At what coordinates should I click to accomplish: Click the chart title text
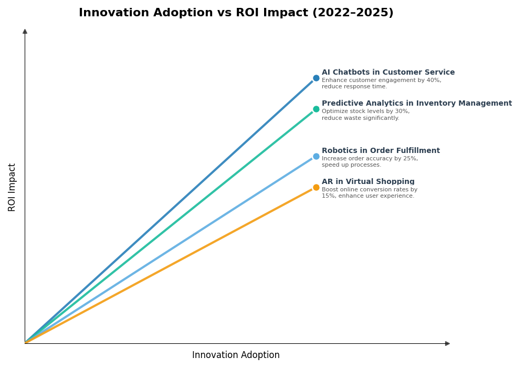tap(236, 13)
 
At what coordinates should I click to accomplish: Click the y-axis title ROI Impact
tap(12, 187)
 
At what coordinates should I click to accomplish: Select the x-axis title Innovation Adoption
tap(236, 355)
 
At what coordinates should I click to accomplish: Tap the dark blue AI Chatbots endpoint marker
tap(316, 78)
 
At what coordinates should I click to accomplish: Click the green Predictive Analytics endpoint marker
tap(316, 109)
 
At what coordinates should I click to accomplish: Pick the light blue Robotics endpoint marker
tap(316, 157)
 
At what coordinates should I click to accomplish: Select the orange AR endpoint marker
tap(316, 188)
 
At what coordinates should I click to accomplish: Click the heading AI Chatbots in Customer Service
tap(388, 73)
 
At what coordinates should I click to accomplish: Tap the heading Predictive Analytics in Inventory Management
tap(416, 104)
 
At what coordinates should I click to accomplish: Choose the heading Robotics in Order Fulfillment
tap(381, 151)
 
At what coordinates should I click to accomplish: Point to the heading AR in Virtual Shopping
tap(368, 182)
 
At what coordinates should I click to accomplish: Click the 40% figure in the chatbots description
tap(434, 80)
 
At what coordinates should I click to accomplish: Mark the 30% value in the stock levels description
tap(402, 111)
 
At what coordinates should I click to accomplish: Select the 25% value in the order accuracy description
tap(410, 159)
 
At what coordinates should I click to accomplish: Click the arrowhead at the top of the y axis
tap(25, 32)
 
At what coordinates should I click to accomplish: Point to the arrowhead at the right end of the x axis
tap(447, 343)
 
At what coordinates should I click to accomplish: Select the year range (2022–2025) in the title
tap(353, 13)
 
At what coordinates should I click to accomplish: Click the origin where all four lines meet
tap(25, 343)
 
